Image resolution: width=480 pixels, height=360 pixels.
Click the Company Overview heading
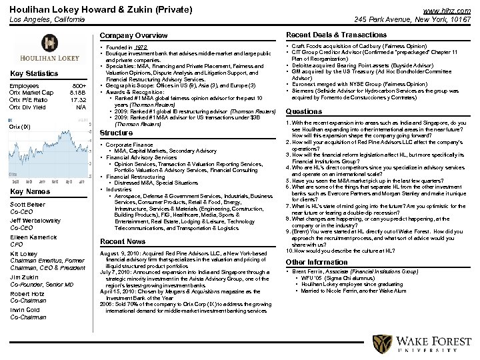pyautogui.click(x=133, y=35)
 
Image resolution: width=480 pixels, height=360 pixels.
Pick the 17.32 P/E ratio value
pyautogui.click(x=78, y=100)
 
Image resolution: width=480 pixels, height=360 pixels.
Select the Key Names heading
pyautogui.click(x=30, y=192)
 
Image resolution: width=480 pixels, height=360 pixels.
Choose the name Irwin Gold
pyautogui.click(x=25, y=310)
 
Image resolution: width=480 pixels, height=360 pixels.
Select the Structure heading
pyautogui.click(x=115, y=132)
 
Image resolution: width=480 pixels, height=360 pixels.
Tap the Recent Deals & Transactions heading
pyautogui.click(x=336, y=35)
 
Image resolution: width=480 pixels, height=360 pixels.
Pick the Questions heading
pyautogui.click(x=303, y=111)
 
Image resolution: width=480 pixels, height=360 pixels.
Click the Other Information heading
pyautogui.click(x=317, y=262)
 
